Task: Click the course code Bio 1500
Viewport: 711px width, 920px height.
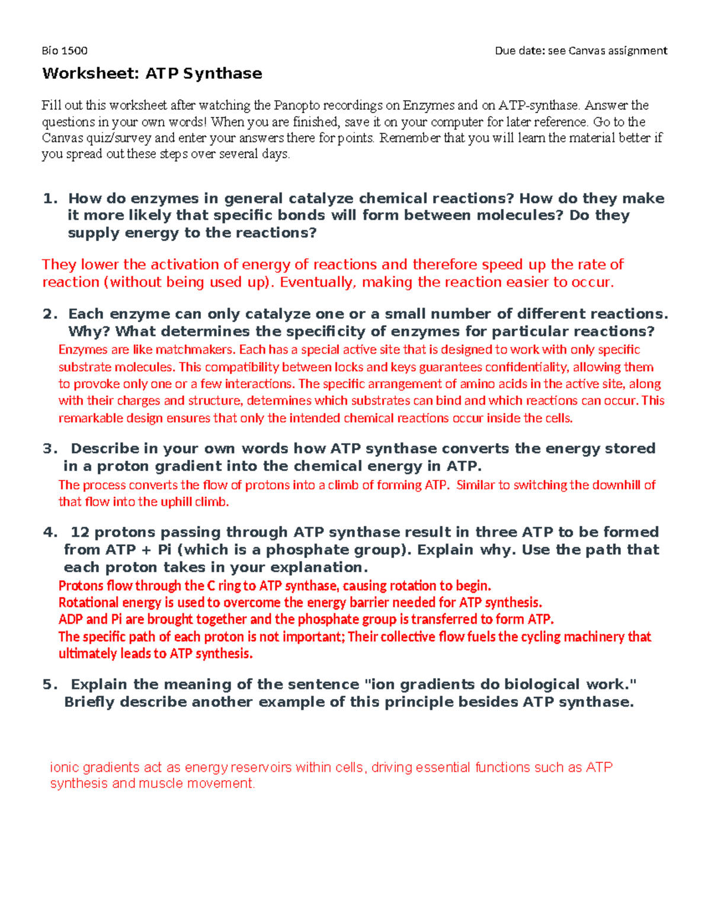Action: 65,50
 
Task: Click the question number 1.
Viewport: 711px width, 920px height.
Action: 50,198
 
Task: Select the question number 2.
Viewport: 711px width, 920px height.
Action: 50,314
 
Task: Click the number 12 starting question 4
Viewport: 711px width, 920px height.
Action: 80,532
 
